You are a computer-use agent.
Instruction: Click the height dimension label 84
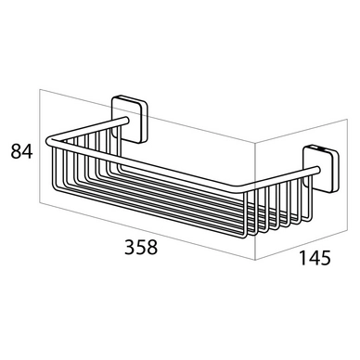[x=21, y=151]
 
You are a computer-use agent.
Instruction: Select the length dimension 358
[x=141, y=247]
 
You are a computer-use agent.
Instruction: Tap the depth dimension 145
[x=315, y=258]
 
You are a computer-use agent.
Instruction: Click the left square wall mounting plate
[x=130, y=119]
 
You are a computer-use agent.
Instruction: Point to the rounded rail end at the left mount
[x=125, y=120]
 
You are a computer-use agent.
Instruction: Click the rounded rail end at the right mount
[x=317, y=169]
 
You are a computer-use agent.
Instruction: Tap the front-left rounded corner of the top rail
[x=49, y=142]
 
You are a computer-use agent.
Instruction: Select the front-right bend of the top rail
[x=244, y=188]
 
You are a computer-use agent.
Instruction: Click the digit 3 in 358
[x=130, y=247]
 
